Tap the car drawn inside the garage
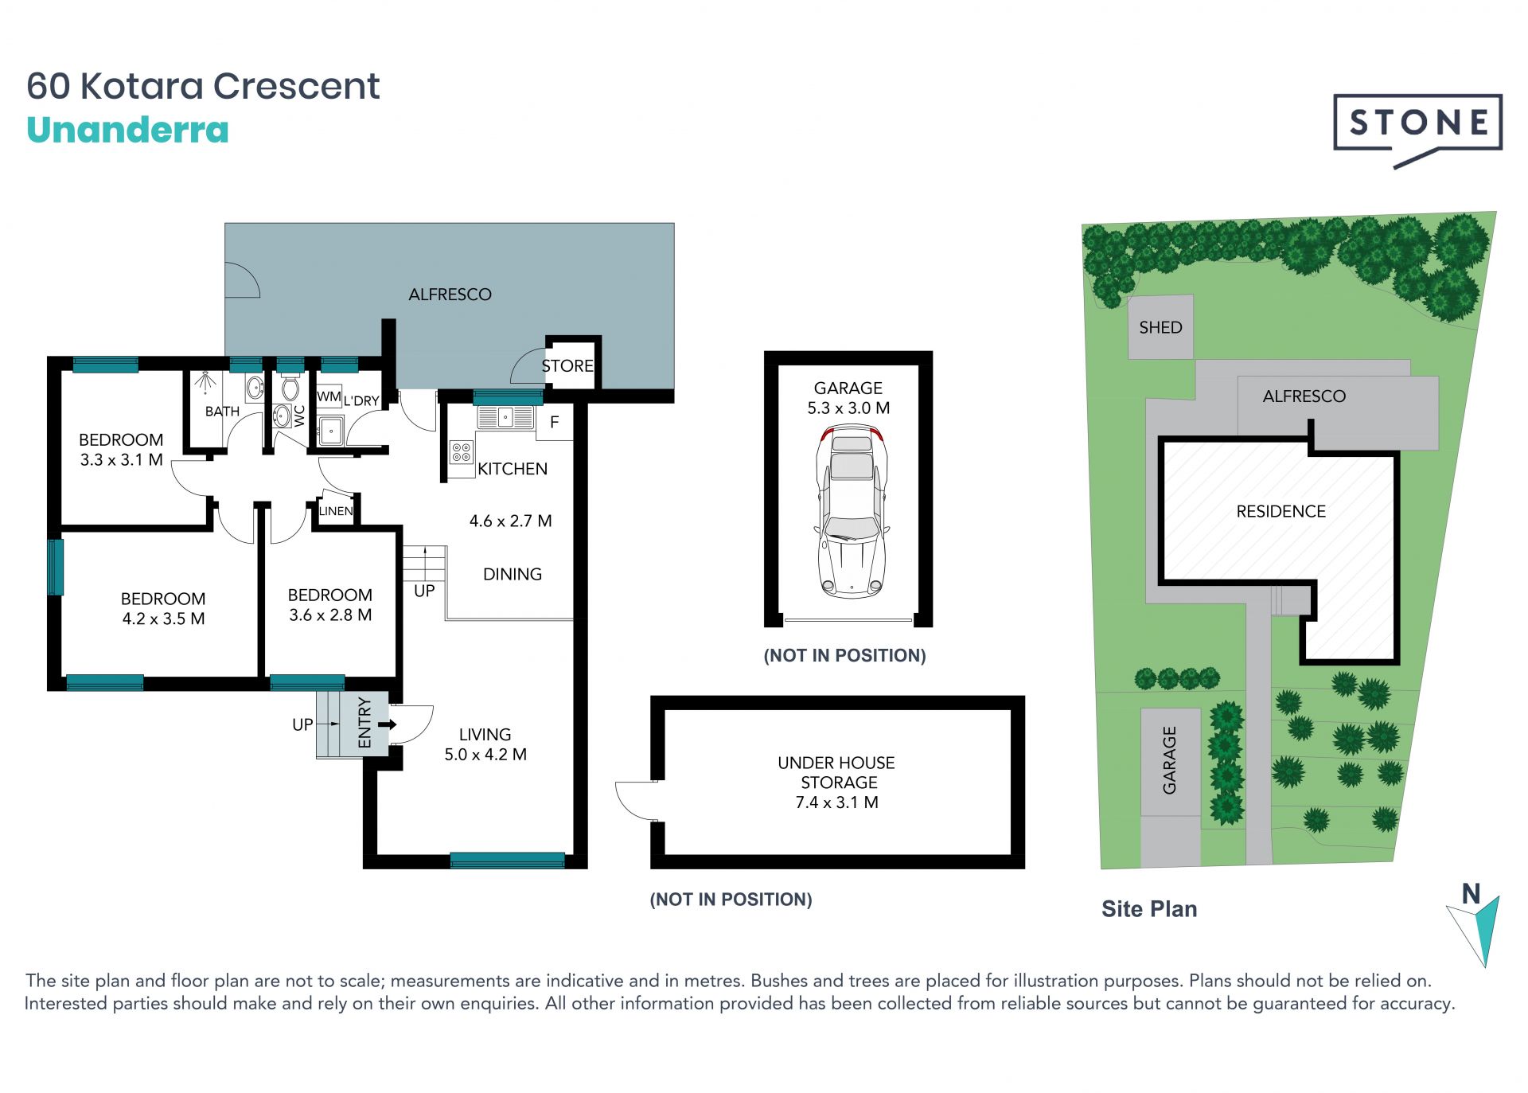click(851, 512)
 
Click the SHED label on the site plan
click(1160, 327)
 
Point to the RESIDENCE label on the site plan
click(1280, 511)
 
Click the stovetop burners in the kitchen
click(462, 452)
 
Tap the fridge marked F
click(554, 422)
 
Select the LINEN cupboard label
click(336, 511)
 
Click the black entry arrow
click(388, 724)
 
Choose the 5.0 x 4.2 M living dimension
click(485, 754)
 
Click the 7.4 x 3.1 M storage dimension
click(836, 802)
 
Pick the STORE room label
click(567, 365)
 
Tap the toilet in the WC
click(290, 388)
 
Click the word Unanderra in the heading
click(127, 130)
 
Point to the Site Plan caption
click(1149, 909)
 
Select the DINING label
click(513, 574)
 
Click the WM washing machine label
click(329, 396)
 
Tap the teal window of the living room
click(507, 860)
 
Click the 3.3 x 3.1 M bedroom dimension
click(121, 459)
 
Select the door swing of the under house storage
click(635, 800)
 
